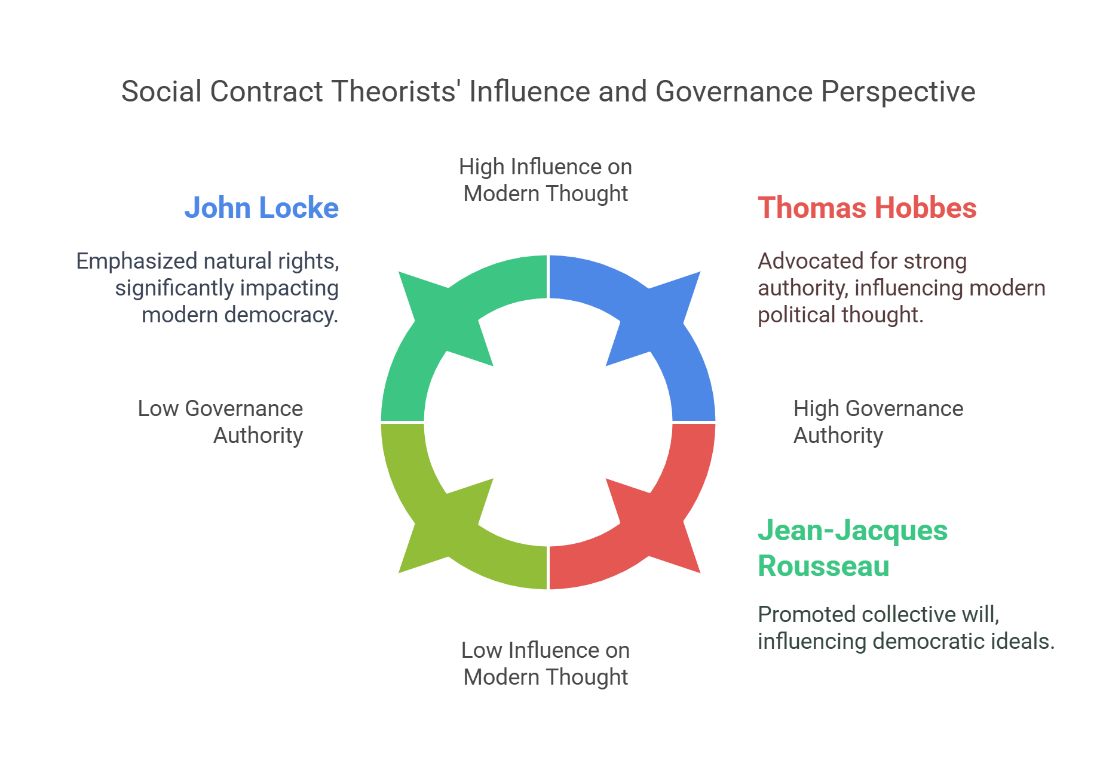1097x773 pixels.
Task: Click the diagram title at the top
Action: click(x=548, y=91)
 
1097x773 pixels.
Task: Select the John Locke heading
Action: click(x=261, y=208)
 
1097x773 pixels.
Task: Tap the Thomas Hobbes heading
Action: click(x=867, y=208)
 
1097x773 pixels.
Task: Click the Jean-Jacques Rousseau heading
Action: click(x=852, y=548)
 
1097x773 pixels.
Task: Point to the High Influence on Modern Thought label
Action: click(x=546, y=180)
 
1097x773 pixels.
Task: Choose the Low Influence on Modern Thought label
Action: click(x=546, y=663)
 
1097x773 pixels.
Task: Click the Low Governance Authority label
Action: click(x=220, y=421)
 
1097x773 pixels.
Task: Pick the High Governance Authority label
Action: click(x=878, y=421)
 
